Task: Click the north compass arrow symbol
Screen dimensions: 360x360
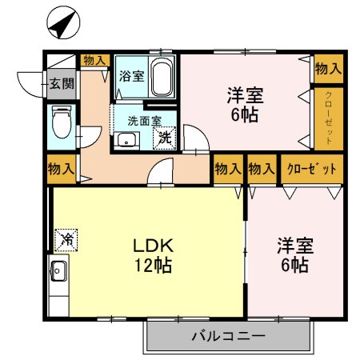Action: pos(61,23)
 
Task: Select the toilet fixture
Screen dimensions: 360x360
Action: pos(61,122)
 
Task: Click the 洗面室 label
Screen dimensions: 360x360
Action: pos(145,121)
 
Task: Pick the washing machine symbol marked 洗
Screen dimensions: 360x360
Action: pos(164,137)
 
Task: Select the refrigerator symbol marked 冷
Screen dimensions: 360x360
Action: pos(67,238)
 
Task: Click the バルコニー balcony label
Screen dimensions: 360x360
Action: pos(227,337)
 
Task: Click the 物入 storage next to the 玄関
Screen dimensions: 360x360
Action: pos(94,60)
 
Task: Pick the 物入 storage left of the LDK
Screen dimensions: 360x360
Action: pos(61,170)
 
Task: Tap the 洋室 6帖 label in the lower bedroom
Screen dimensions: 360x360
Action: pos(294,254)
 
